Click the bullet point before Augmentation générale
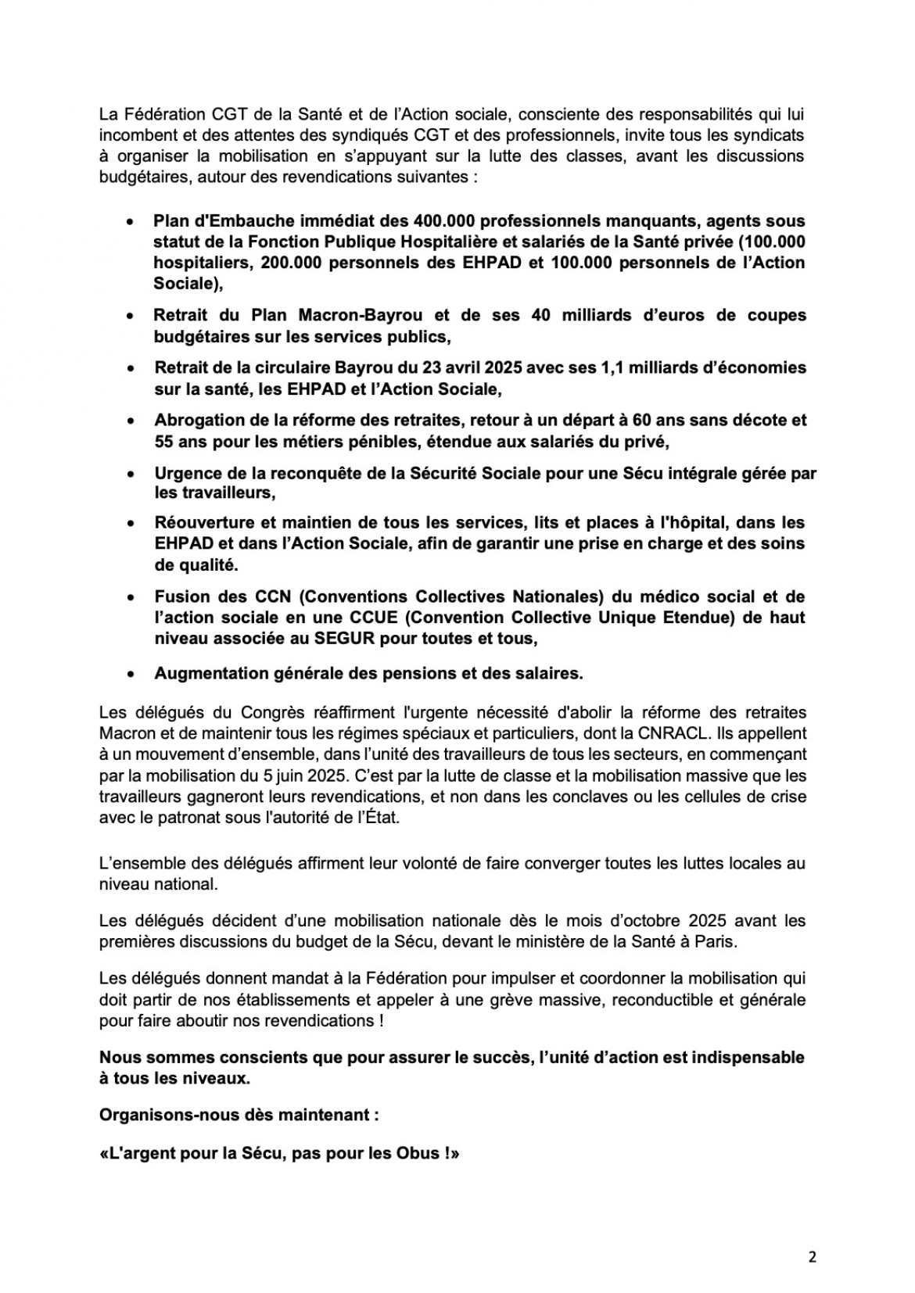point(131,674)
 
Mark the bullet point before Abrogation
point(131,421)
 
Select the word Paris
point(715,942)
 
